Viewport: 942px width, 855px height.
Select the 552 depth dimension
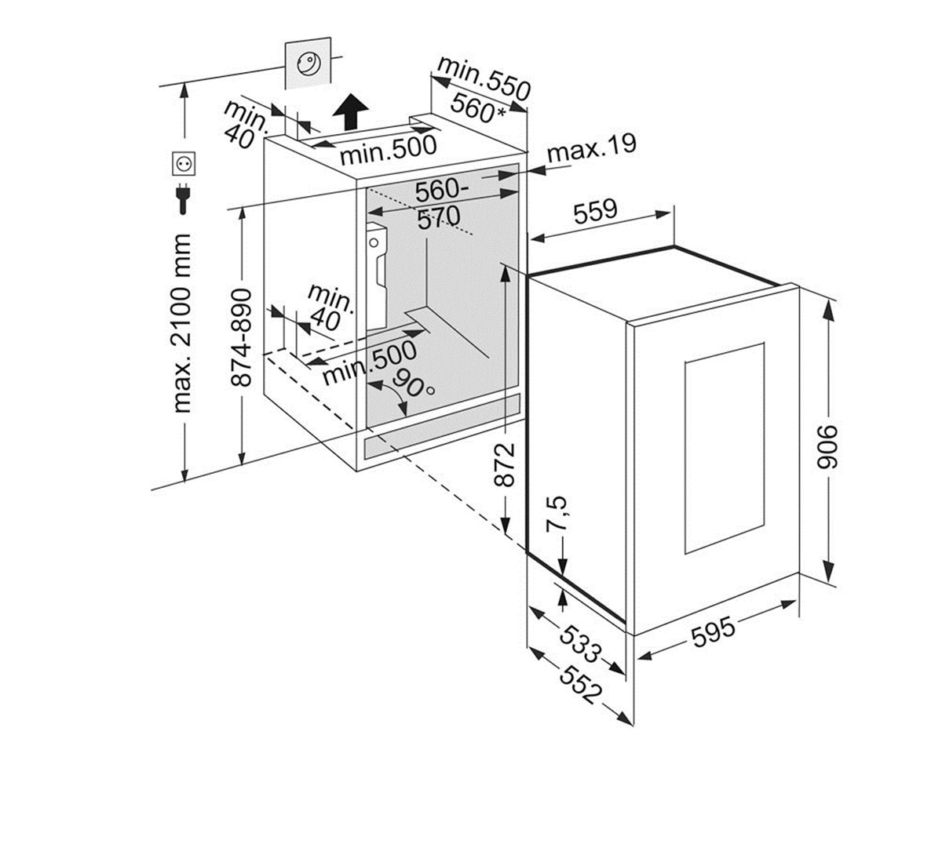click(x=582, y=682)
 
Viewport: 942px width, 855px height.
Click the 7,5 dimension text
click(x=558, y=515)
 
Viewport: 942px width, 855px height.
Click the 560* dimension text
click(x=478, y=108)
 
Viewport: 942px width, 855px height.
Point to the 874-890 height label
click(x=242, y=337)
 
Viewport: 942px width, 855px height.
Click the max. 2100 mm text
click(x=183, y=322)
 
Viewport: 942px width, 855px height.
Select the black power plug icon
click(x=183, y=198)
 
